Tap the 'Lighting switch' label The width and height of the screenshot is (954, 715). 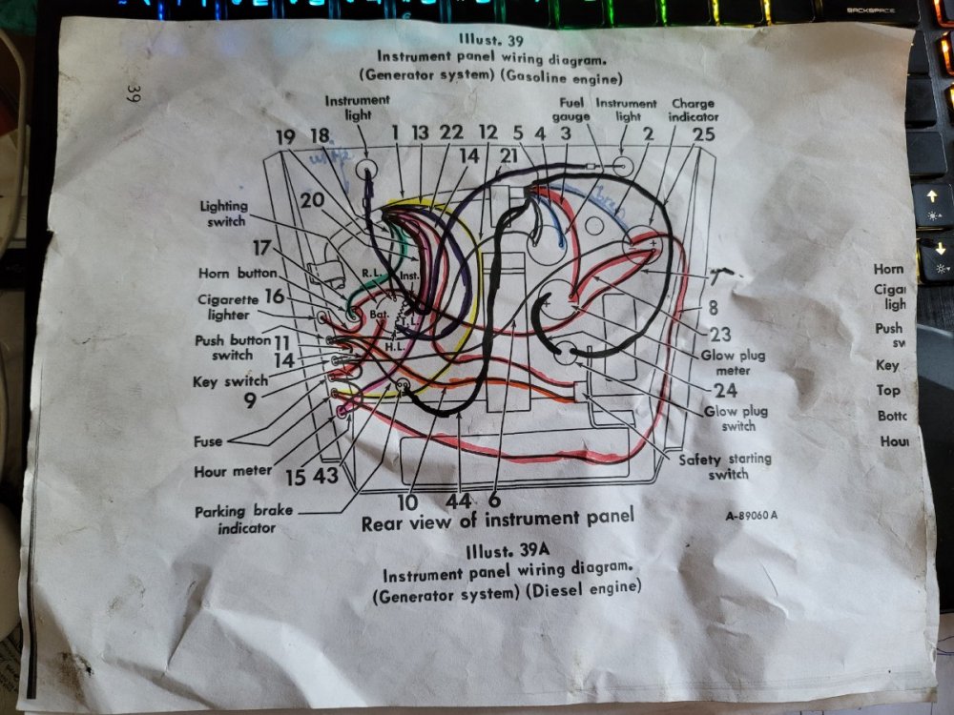click(224, 213)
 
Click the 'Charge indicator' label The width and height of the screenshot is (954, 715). click(694, 110)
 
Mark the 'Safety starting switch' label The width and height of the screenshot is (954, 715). click(725, 466)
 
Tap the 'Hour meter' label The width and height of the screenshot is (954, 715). click(233, 471)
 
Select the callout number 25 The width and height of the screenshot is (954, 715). click(703, 134)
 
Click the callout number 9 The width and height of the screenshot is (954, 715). click(249, 401)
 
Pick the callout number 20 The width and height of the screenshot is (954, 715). click(312, 200)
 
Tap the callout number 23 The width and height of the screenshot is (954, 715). click(721, 335)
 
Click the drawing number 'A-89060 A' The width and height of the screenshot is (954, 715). click(751, 516)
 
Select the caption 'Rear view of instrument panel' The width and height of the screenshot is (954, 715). click(496, 520)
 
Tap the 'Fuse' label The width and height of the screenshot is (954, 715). click(208, 441)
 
